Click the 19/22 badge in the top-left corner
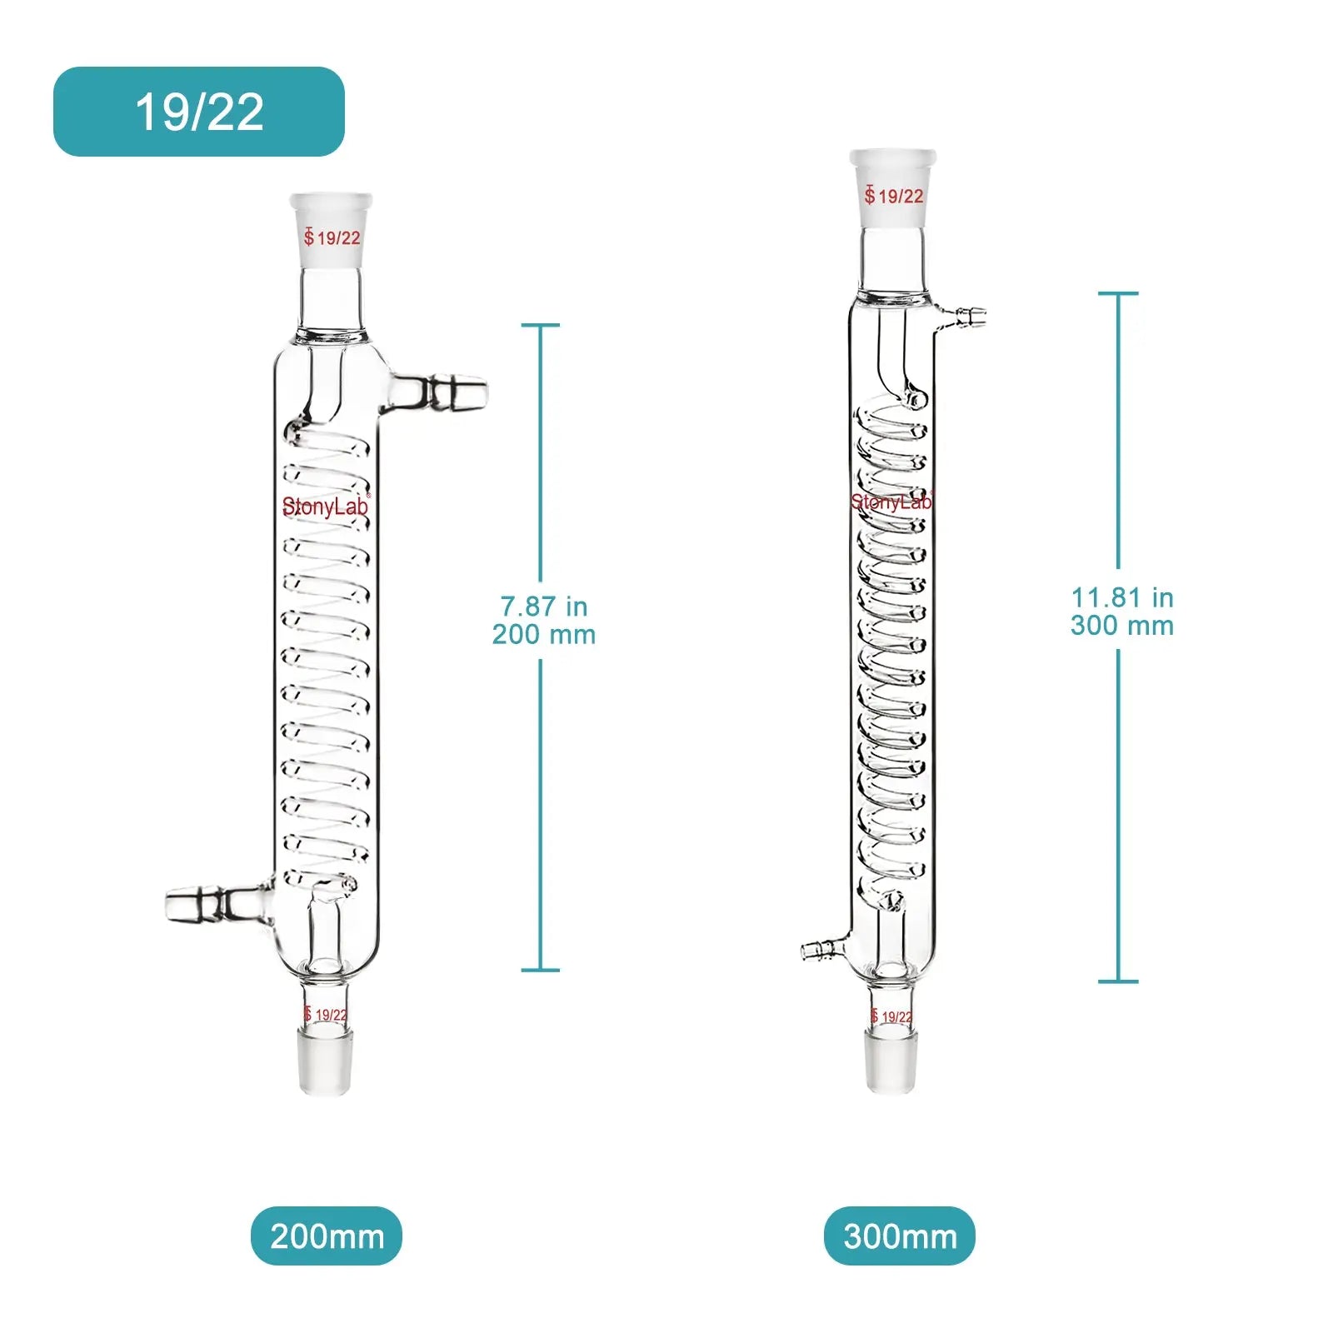[x=199, y=112]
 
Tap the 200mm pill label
[x=327, y=1236]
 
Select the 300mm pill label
[x=900, y=1236]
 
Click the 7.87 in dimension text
[x=544, y=606]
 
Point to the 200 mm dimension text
[x=544, y=635]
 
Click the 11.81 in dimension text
[x=1122, y=597]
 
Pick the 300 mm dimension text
[x=1122, y=626]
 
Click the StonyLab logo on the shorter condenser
[x=325, y=507]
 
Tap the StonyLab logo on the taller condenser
[x=891, y=502]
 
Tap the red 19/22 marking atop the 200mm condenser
[x=332, y=238]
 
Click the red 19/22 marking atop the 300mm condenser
[x=894, y=197]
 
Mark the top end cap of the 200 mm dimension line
[x=541, y=325]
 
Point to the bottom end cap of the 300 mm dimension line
[x=1118, y=981]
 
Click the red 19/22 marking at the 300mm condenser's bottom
[x=891, y=1016]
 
